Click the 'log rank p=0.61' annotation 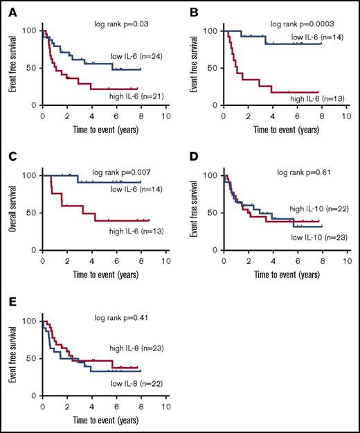303,171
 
